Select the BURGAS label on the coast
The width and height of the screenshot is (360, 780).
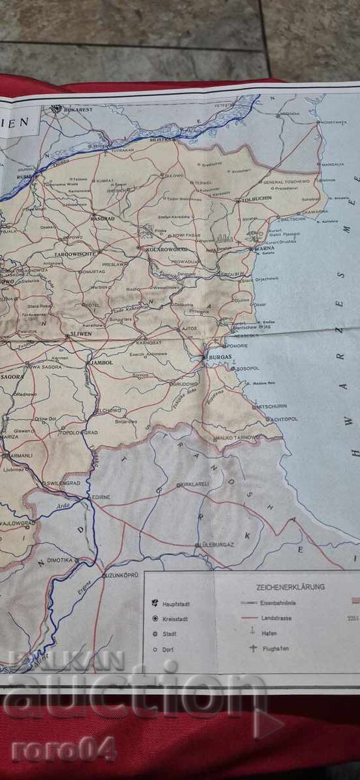[x=218, y=357]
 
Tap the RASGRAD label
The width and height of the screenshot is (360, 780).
[x=103, y=218]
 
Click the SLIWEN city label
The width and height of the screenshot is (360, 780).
[x=80, y=335]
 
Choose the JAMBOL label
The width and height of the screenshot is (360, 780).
[x=102, y=362]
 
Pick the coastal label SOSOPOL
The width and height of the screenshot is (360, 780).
[x=248, y=368]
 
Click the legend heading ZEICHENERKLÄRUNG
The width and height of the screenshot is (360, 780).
[x=290, y=587]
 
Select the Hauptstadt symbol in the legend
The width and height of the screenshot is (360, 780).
[x=155, y=603]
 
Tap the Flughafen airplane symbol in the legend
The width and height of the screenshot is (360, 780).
[x=253, y=648]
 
